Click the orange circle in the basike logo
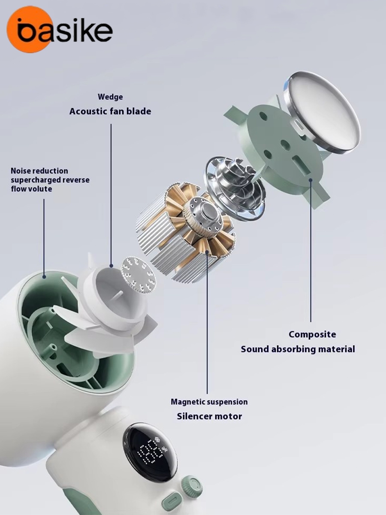29,29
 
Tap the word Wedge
110,97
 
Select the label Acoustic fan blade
110,111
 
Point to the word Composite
312,334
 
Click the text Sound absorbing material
298,349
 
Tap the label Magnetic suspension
209,402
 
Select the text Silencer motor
209,416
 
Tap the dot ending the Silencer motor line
207,252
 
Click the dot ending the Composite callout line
311,180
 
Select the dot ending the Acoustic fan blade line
112,266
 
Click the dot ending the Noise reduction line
44,277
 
